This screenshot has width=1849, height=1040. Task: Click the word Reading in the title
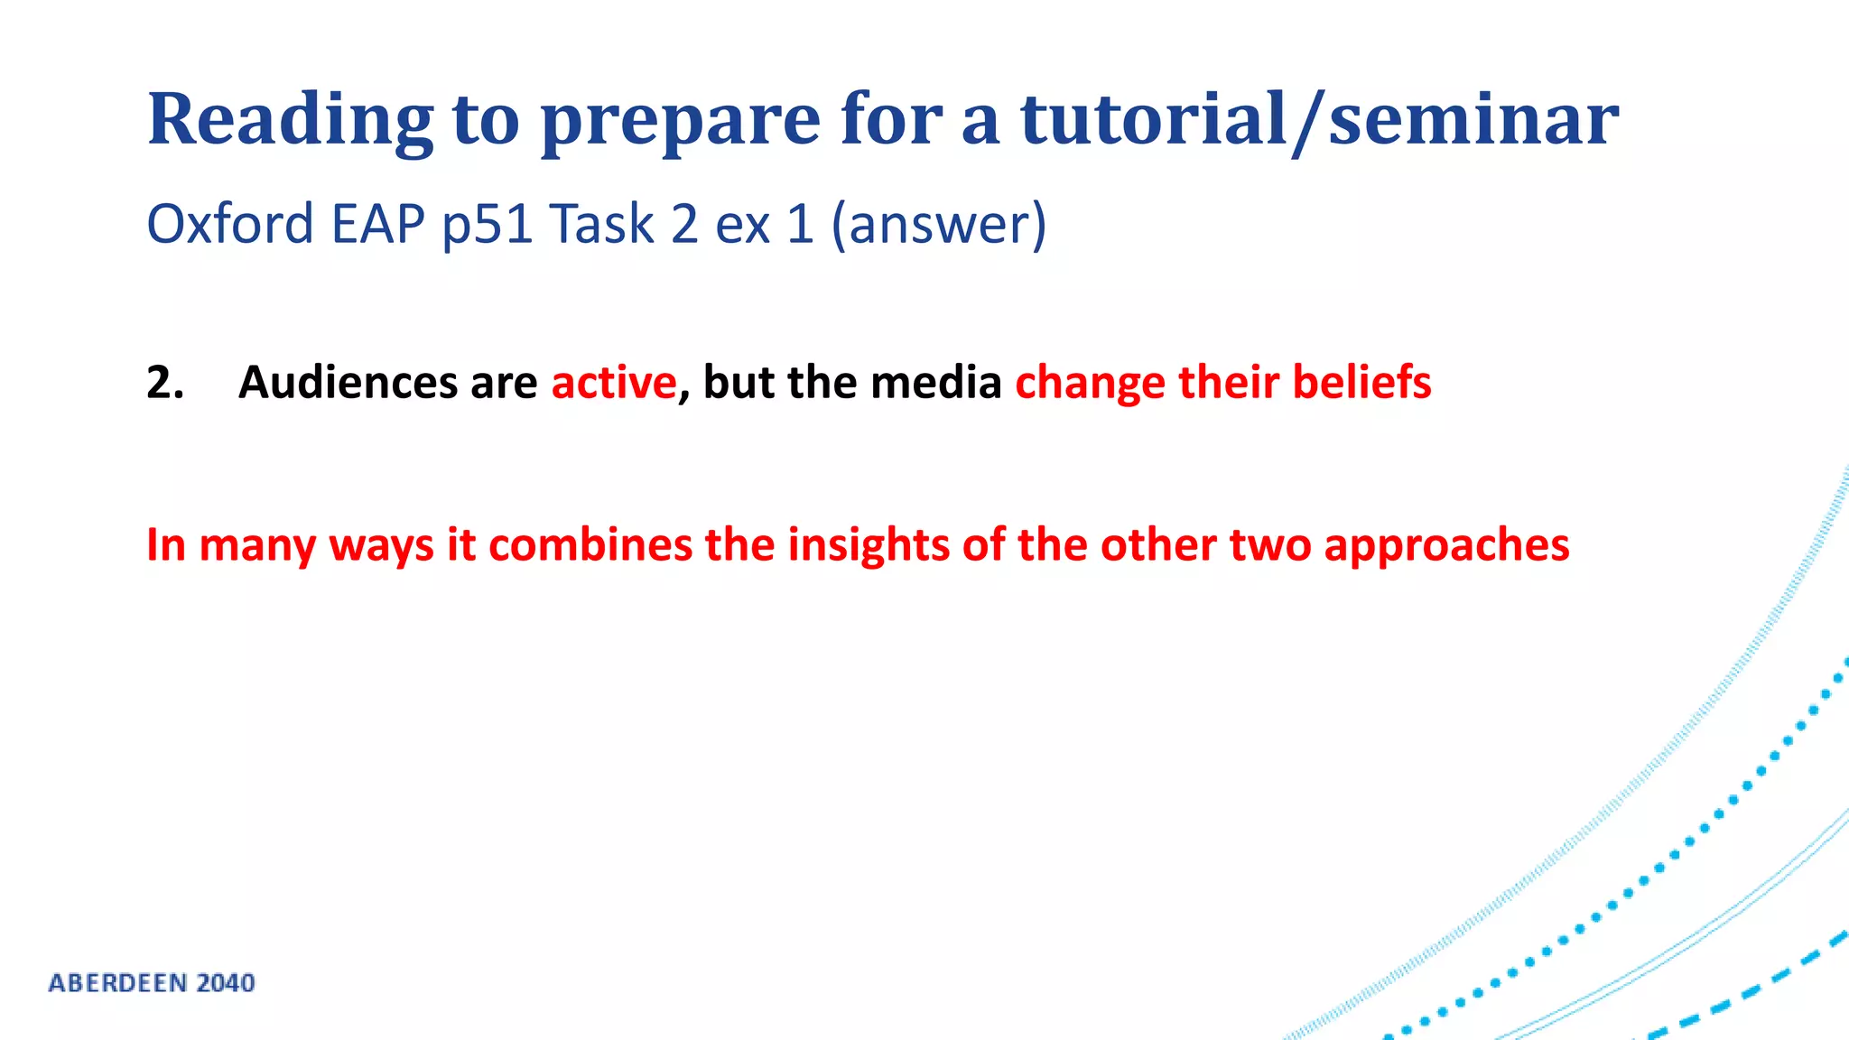click(290, 119)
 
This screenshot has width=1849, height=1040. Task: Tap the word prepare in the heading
click(680, 119)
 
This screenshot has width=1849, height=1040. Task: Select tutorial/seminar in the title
click(1319, 119)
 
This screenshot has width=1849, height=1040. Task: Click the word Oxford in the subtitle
click(230, 224)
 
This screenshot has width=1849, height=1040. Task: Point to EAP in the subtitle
click(377, 224)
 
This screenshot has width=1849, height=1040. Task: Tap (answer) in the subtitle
click(939, 224)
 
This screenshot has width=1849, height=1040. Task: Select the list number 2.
click(165, 382)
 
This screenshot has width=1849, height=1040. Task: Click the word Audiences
click(348, 382)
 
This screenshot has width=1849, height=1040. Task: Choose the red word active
click(614, 382)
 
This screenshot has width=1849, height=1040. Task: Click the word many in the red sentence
click(257, 545)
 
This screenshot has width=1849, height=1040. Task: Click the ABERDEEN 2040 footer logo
click(152, 983)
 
